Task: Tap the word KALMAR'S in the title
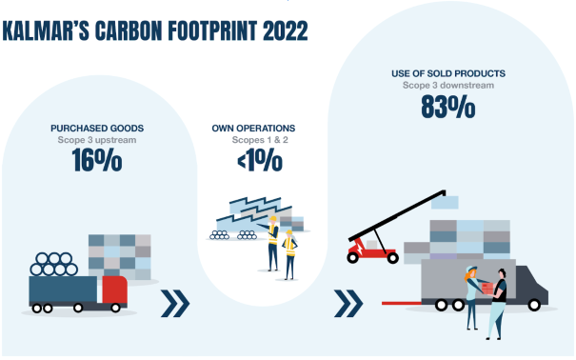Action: tap(44, 30)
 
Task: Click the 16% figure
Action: tap(96, 161)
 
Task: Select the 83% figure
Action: tap(447, 108)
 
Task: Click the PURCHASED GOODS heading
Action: tap(95, 128)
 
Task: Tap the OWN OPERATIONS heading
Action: tap(253, 128)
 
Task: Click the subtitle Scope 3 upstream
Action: tap(96, 141)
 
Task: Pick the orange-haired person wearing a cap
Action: tap(470, 295)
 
